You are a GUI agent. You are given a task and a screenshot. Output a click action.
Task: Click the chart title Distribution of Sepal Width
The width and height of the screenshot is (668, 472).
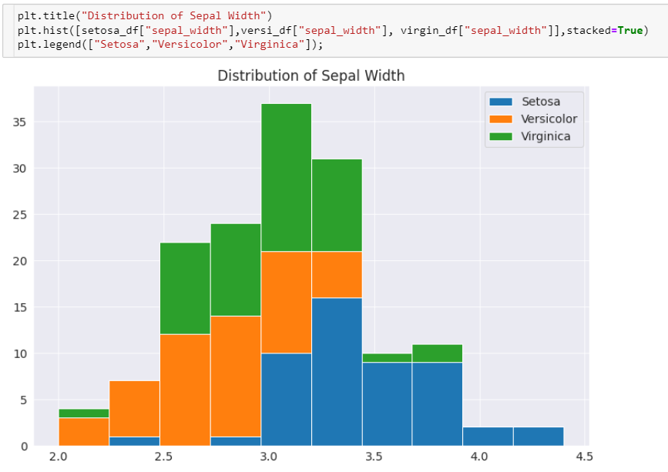click(311, 75)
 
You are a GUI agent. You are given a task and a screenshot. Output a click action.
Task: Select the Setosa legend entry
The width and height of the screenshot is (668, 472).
click(540, 101)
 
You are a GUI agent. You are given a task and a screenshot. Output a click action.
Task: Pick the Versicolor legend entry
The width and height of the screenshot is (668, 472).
click(549, 119)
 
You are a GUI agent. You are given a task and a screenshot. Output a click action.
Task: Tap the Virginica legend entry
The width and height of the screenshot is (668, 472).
click(544, 136)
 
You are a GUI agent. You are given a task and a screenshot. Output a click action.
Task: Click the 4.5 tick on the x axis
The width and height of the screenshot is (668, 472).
click(584, 457)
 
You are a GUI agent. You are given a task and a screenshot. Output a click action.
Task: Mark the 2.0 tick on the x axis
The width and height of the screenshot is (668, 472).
click(59, 457)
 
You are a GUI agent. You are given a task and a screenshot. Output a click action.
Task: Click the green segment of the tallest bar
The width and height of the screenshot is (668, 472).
click(286, 177)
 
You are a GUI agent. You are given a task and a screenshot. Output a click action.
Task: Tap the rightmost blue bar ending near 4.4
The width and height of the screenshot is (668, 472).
click(539, 437)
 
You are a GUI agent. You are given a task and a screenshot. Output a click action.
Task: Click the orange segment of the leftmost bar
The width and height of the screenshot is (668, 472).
click(83, 432)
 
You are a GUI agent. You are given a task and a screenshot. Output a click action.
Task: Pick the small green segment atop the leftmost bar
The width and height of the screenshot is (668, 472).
click(83, 413)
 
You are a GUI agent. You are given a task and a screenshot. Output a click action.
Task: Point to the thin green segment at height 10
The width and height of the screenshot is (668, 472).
click(387, 358)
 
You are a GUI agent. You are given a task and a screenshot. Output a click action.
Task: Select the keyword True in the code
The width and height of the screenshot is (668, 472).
click(630, 30)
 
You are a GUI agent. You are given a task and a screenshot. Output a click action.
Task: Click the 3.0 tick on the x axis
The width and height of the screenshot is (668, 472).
click(269, 457)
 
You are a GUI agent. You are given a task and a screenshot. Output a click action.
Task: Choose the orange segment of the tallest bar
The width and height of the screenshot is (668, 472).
click(286, 303)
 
